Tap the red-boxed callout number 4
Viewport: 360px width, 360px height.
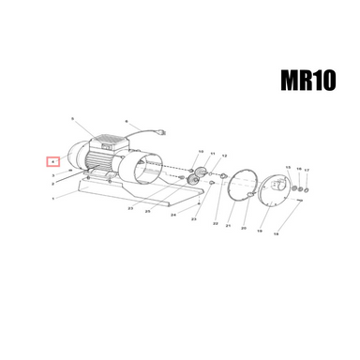[54, 161]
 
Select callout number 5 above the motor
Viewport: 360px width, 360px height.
[72, 120]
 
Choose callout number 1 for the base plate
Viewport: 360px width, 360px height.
[53, 200]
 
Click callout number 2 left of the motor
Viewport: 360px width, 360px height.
[53, 185]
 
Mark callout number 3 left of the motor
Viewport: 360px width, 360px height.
[53, 175]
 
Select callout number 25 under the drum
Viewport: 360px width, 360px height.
[147, 212]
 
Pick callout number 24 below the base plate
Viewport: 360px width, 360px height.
[173, 215]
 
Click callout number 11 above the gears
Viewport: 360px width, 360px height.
[213, 153]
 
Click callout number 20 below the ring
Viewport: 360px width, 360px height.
[244, 228]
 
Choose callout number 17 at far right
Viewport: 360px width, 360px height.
[306, 169]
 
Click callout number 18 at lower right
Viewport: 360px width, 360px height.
[276, 235]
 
